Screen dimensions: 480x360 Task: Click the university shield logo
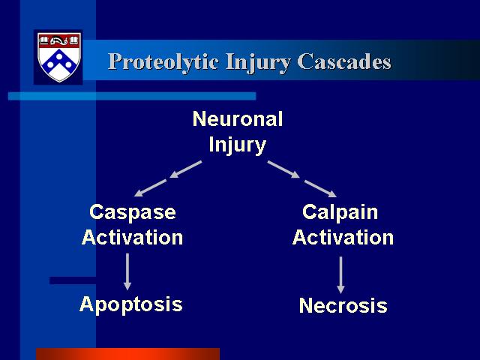(x=59, y=57)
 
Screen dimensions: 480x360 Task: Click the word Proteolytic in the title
(x=163, y=62)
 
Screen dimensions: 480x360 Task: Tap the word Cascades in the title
(x=344, y=61)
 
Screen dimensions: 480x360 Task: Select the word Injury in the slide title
(x=258, y=63)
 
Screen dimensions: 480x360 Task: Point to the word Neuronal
(x=238, y=118)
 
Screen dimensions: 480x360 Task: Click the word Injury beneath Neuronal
(x=237, y=145)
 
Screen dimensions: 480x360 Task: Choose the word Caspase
(x=133, y=212)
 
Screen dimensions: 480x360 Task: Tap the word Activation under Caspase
(x=132, y=237)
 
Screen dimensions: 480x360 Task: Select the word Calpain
(x=340, y=212)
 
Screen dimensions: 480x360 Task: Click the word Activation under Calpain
(x=343, y=237)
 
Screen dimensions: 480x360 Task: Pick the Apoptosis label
(x=131, y=304)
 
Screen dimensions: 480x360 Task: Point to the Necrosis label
(x=343, y=305)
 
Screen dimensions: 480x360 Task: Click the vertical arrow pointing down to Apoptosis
(x=127, y=271)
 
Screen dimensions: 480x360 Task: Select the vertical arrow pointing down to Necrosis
(x=340, y=275)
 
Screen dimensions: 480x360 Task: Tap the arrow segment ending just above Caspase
(x=150, y=188)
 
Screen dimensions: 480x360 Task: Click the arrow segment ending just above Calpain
(x=320, y=188)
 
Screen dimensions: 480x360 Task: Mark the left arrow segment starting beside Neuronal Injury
(x=186, y=169)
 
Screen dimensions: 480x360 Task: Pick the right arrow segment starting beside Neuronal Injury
(x=283, y=169)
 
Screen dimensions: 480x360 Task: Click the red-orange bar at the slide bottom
(x=128, y=354)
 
